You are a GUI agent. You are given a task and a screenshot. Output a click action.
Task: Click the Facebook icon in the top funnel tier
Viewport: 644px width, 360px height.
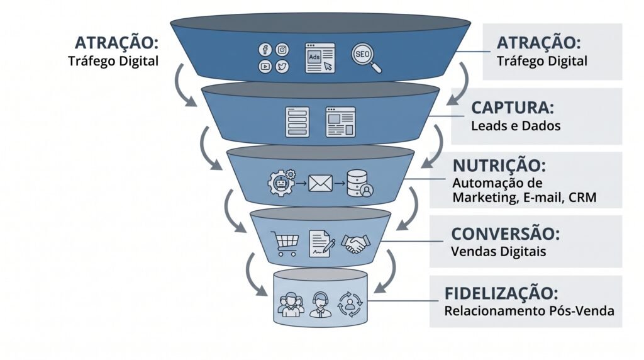265,50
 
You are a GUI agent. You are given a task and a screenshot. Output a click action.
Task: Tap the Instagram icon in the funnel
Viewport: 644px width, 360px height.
282,50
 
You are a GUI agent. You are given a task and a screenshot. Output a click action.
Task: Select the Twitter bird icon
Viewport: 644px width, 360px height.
282,66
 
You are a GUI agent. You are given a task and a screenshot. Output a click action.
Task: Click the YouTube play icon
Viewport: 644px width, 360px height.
265,66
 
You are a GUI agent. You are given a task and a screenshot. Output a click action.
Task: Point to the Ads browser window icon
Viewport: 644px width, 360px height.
320,59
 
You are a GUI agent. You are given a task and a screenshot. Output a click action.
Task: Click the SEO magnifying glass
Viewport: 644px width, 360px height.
366,58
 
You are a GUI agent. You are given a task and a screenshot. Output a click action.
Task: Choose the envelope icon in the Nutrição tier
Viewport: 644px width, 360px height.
320,183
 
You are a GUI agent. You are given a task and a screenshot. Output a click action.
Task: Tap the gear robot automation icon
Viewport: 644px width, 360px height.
282,182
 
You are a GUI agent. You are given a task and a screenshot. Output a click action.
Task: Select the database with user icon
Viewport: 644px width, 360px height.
360,183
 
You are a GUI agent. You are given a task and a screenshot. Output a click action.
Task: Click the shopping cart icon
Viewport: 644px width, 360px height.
285,244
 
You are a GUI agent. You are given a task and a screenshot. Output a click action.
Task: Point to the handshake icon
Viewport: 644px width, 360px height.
356,244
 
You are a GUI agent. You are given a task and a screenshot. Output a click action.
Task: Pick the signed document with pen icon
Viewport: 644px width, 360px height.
321,244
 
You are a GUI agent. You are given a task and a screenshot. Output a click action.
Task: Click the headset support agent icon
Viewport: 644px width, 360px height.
320,305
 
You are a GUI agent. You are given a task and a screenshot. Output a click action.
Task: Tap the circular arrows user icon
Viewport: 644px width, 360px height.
350,305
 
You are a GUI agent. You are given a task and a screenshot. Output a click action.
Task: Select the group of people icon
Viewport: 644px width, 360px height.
291,305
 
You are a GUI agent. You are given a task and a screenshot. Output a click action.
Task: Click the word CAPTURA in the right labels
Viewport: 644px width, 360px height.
512,108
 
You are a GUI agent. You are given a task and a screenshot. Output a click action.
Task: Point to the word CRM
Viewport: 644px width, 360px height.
582,197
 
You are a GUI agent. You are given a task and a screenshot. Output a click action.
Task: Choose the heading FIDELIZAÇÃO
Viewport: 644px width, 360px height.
501,293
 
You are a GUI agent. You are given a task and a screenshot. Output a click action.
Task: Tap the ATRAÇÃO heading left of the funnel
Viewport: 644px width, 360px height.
116,43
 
